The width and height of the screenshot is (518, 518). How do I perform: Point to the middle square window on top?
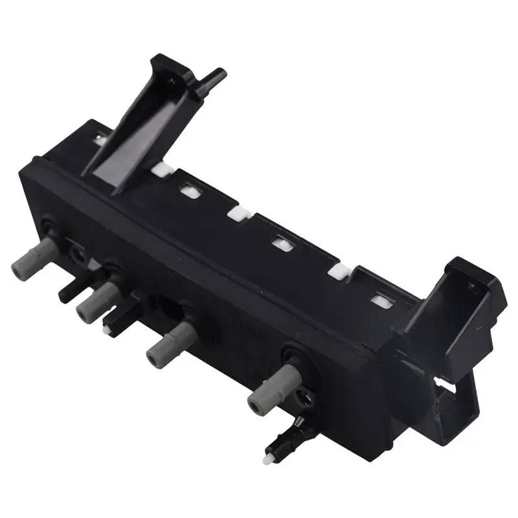click(282, 244)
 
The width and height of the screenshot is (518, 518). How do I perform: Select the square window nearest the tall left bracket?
click(189, 191)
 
